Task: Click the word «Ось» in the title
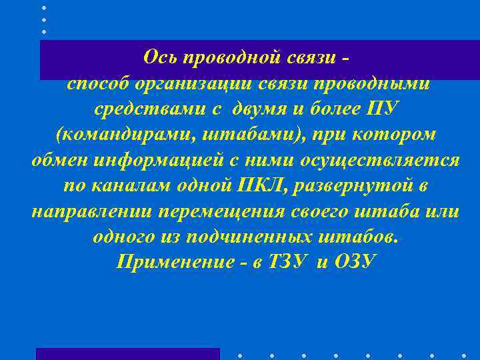click(x=159, y=57)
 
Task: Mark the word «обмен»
click(x=62, y=159)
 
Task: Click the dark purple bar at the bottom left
click(x=127, y=354)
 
